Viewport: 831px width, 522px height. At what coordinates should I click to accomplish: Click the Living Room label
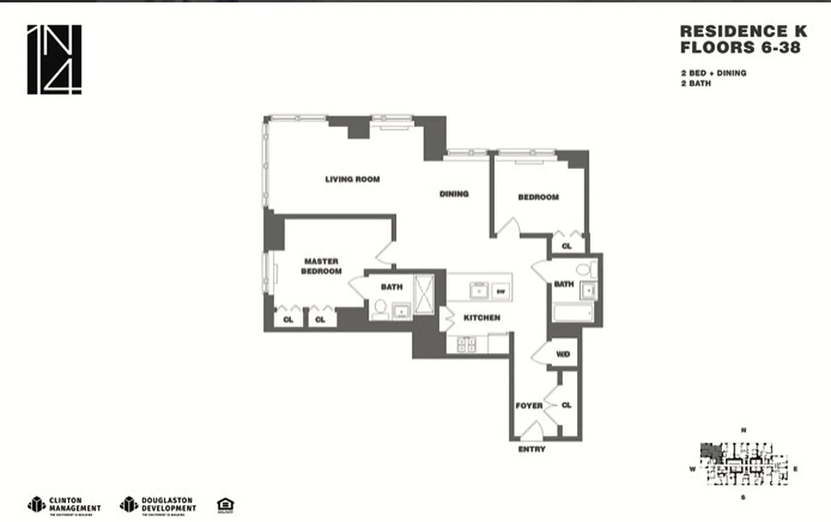pos(353,179)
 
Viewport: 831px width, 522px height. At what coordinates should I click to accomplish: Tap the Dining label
pos(454,194)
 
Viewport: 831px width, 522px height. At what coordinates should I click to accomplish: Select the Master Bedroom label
pos(321,266)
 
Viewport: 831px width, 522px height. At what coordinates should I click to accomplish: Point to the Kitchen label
pos(482,318)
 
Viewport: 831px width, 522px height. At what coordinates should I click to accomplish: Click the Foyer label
pos(529,405)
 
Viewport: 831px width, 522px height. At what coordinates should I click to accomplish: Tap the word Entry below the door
pos(531,450)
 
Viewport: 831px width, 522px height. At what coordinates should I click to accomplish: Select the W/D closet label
pos(563,354)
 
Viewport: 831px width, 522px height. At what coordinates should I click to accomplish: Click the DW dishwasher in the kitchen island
pos(501,292)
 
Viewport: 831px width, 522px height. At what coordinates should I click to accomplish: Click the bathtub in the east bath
pos(573,313)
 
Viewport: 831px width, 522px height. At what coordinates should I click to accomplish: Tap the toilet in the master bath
pos(379,310)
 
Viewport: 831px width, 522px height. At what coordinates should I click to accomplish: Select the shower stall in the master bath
pos(424,295)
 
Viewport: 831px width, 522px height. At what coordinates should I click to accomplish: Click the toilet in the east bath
pos(585,269)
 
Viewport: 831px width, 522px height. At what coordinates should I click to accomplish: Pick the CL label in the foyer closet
pos(566,405)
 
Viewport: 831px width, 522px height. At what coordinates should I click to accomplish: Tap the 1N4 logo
pos(54,59)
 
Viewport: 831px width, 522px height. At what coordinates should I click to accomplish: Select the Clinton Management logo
pos(65,505)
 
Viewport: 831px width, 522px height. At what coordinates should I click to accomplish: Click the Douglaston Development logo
pos(157,505)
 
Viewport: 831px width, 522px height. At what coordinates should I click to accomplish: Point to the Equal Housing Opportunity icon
pos(225,505)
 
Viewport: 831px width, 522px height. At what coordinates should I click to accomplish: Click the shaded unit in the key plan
pos(708,451)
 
